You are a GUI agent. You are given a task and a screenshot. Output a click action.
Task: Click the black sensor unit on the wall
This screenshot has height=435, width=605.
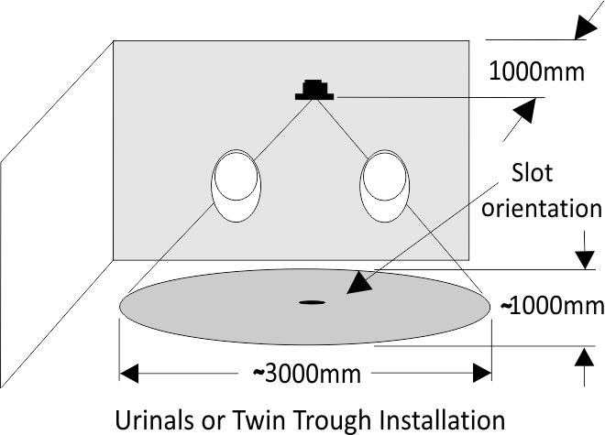[314, 90]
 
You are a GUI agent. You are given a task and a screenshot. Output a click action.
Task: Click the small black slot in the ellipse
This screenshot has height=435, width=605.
[313, 302]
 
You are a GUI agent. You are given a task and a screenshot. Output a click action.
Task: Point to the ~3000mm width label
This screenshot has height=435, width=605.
[307, 374]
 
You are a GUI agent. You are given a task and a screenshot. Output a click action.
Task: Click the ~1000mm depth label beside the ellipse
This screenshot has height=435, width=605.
[552, 306]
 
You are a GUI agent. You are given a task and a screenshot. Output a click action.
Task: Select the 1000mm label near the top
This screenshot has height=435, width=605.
[536, 71]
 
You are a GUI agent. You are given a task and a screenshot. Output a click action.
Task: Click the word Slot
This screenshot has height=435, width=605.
[532, 172]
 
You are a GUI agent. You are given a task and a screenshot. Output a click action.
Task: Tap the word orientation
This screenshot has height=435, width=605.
[542, 208]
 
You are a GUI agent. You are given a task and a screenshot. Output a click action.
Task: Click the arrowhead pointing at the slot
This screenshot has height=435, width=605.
[358, 284]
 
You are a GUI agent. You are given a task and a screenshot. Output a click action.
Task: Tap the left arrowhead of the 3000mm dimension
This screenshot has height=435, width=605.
[129, 373]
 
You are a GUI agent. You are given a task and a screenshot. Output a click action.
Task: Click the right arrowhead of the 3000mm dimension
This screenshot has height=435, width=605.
[482, 373]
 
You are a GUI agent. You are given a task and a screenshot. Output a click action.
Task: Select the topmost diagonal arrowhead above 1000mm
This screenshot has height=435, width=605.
[587, 27]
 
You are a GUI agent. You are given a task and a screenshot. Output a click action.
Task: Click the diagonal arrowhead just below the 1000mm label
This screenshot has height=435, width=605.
[525, 110]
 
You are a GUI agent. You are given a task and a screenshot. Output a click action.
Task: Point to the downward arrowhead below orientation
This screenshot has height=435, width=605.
[585, 259]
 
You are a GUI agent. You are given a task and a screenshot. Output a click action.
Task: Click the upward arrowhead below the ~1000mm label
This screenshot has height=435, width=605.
[585, 356]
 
